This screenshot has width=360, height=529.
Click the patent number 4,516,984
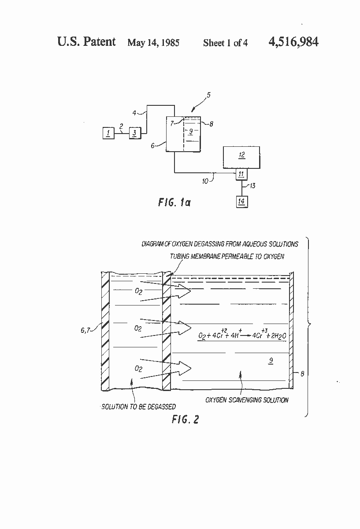tap(293, 42)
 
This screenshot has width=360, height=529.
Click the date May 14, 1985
tap(153, 43)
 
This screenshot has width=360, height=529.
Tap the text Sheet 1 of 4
tap(225, 43)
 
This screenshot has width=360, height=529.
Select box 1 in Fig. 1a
tap(108, 132)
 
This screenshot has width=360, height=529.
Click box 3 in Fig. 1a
tap(135, 132)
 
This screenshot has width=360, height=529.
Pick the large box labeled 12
tap(241, 156)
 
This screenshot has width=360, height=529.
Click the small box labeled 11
tap(241, 175)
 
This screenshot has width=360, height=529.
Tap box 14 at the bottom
tap(241, 201)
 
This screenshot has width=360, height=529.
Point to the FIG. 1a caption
tap(174, 203)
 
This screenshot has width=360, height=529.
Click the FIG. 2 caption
tap(185, 419)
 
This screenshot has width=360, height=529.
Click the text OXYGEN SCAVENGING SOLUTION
tap(247, 400)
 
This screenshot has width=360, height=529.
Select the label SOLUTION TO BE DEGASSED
tap(139, 406)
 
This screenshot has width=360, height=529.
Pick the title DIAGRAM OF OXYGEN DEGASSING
tap(219, 244)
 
